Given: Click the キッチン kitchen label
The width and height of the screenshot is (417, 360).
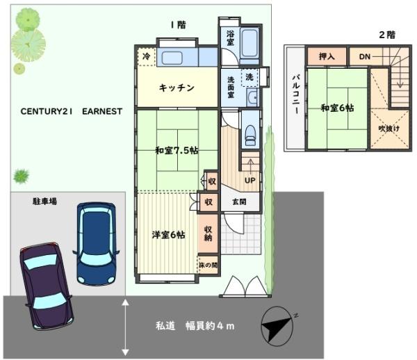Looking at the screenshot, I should pos(176,88).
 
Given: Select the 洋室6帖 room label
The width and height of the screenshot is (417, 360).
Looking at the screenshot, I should pos(168,234).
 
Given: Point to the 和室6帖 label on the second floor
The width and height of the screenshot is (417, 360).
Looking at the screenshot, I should pos(338,108).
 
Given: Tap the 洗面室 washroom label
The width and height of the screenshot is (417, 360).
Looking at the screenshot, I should pos(231,86).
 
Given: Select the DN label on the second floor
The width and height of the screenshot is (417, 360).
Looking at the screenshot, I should pos(364,56).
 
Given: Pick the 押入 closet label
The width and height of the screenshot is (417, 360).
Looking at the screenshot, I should pos(327,56).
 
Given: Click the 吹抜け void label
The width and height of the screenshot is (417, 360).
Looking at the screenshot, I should pos(389,129).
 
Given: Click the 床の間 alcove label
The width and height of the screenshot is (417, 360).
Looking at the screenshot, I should pos(208,265).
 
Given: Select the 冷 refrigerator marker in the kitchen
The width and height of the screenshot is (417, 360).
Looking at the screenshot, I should pos(146,56).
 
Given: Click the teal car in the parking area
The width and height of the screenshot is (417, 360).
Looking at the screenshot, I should pos(97,243).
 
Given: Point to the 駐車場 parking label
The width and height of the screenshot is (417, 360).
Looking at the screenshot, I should pos(44,202).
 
